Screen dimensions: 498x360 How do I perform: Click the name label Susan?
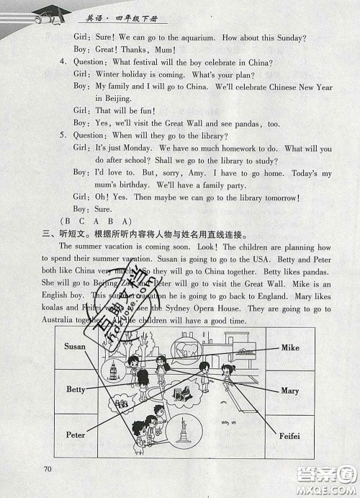75,347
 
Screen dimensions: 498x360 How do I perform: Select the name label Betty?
76,389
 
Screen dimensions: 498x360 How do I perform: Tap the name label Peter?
76,435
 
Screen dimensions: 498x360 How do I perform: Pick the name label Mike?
290,347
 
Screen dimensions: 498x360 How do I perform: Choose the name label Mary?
289,391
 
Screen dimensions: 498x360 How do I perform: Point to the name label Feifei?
289,436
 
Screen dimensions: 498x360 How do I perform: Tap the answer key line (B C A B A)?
90,221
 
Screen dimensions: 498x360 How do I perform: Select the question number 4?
63,61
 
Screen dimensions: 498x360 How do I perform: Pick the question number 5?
63,135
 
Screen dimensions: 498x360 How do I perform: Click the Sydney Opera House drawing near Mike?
245,352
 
